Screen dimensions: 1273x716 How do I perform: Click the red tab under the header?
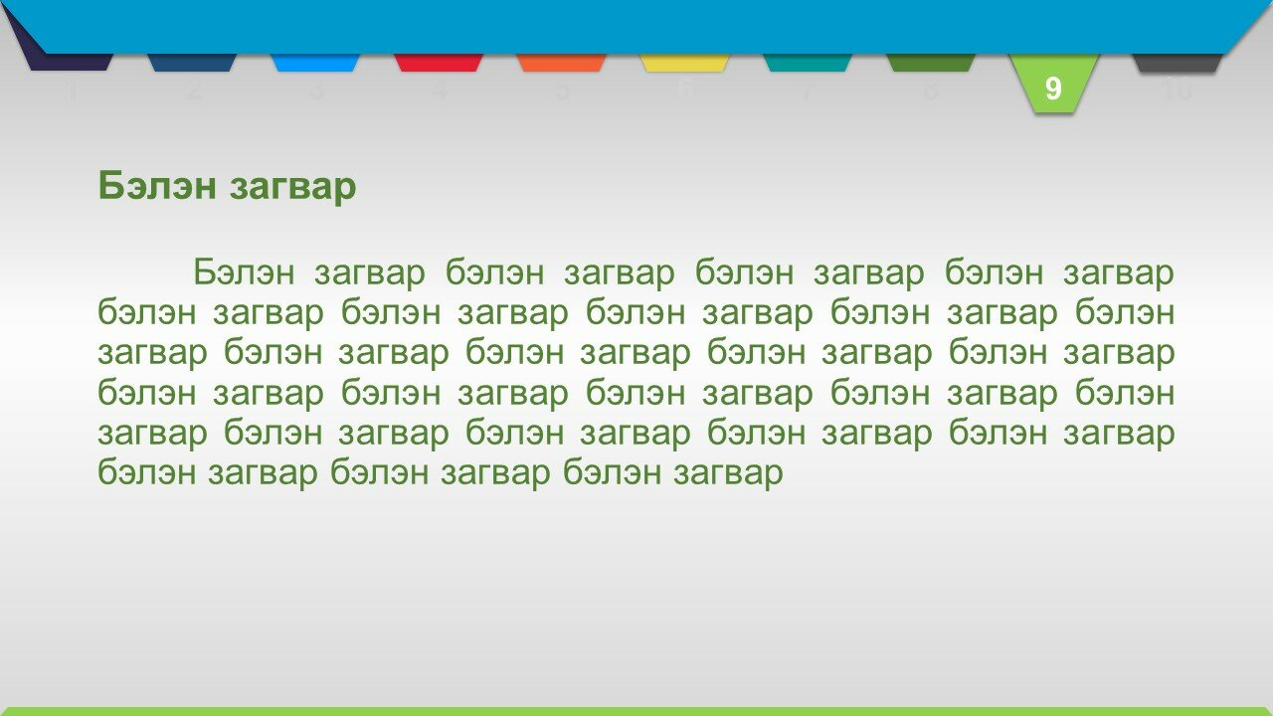[439, 63]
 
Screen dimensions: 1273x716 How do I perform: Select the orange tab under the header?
[562, 63]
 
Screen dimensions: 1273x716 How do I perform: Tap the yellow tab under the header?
[684, 63]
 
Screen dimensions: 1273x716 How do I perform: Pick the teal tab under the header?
[807, 63]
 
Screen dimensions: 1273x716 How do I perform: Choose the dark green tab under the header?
[930, 63]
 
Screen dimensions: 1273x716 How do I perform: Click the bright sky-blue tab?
[315, 63]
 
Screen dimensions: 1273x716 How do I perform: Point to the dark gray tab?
[1177, 63]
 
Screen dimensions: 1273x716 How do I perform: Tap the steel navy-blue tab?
[192, 63]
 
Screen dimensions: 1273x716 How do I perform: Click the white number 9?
[1053, 89]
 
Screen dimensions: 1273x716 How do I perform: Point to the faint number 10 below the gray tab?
[1177, 89]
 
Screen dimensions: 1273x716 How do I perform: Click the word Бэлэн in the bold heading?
[157, 185]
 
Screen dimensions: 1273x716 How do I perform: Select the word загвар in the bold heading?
[292, 188]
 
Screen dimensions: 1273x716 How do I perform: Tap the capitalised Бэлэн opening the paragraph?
[244, 271]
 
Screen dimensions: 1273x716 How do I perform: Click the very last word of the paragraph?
[729, 473]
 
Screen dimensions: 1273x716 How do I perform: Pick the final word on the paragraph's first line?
[1119, 273]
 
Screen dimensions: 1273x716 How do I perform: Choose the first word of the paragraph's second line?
[147, 312]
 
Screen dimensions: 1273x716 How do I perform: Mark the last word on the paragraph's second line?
[1125, 312]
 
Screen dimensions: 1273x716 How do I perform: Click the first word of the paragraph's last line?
[147, 471]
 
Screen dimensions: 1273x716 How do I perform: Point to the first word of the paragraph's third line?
[153, 354]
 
